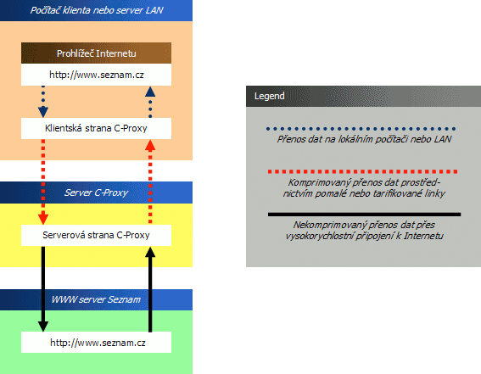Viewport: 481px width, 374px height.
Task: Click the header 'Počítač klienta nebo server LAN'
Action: (x=96, y=10)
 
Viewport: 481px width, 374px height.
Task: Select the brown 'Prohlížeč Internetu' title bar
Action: (x=96, y=53)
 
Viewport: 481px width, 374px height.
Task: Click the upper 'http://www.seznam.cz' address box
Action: (x=96, y=75)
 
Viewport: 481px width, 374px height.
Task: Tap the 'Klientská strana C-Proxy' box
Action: (x=96, y=128)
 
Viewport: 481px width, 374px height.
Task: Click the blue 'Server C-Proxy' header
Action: (x=96, y=193)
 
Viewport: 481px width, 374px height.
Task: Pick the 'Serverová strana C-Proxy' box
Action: (x=96, y=235)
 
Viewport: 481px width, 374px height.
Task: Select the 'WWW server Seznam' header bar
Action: (x=96, y=299)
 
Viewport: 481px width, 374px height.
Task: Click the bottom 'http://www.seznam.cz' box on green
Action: (x=96, y=342)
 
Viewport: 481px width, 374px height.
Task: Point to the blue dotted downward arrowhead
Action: (x=43, y=112)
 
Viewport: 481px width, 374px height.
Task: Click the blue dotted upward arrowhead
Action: (x=150, y=92)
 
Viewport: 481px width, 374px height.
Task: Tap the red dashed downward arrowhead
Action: (x=43, y=219)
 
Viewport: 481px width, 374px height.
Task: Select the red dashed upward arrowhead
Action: (x=150, y=145)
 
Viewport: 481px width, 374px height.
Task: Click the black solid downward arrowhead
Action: (x=43, y=327)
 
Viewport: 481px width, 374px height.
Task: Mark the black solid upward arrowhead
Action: (x=150, y=252)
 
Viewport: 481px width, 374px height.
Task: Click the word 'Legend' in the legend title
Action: (x=269, y=96)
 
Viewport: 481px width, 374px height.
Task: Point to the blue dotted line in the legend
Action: (x=361, y=129)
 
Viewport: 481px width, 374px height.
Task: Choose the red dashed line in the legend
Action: (x=362, y=171)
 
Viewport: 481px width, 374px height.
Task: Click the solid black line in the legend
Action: (x=364, y=215)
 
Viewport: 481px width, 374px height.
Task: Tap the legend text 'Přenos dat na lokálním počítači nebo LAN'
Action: (x=364, y=139)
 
